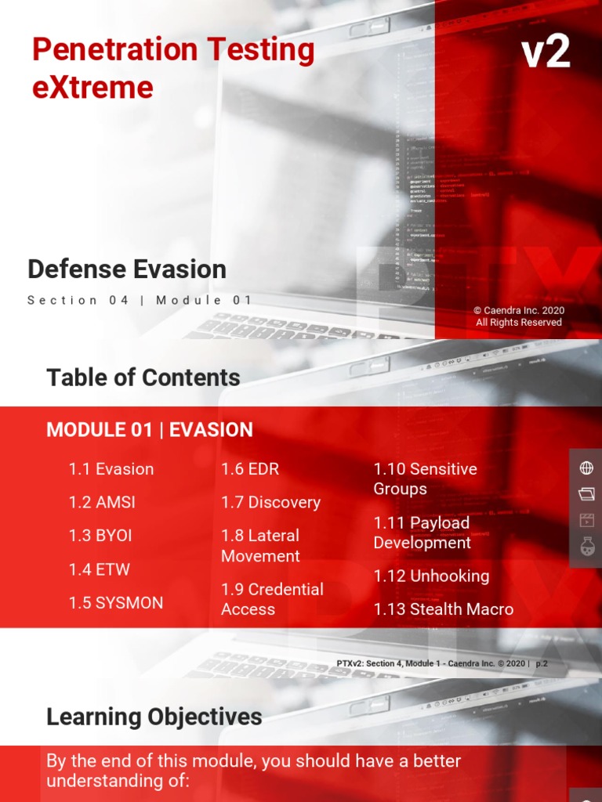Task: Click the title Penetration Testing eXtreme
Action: point(172,68)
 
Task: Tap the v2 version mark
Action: point(546,53)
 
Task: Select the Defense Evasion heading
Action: point(127,269)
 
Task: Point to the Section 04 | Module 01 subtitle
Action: point(140,300)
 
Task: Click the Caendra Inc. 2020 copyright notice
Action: point(519,316)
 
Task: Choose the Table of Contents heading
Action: point(143,378)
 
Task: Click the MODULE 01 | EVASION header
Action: point(150,430)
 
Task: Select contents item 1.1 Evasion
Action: point(111,469)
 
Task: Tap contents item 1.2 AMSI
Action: point(102,503)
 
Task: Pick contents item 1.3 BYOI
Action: point(100,536)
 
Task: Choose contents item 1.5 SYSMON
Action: point(116,603)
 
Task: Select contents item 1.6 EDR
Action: point(250,469)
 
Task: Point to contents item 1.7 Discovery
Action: point(270,503)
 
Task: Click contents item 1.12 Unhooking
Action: point(431,576)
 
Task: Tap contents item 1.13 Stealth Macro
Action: point(444,609)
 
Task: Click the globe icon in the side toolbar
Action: point(586,468)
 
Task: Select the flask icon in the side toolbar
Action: point(586,547)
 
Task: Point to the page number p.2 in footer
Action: point(542,663)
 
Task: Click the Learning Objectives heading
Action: point(154,717)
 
